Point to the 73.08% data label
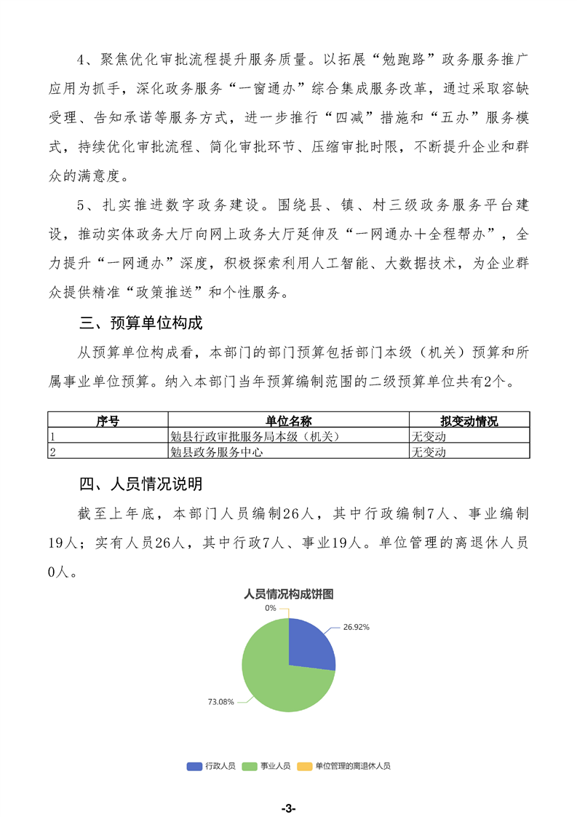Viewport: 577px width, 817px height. (221, 702)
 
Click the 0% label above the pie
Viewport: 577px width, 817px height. (271, 607)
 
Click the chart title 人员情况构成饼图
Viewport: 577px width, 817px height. (289, 593)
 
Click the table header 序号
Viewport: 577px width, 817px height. (108, 421)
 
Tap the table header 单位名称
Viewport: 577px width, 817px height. (289, 421)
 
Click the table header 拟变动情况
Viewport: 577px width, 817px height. (469, 421)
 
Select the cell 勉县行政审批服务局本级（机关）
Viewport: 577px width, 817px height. (255, 436)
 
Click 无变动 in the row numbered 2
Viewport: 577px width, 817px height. (429, 451)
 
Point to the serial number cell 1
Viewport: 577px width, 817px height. (52, 436)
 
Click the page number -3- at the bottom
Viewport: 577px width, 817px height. (288, 808)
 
